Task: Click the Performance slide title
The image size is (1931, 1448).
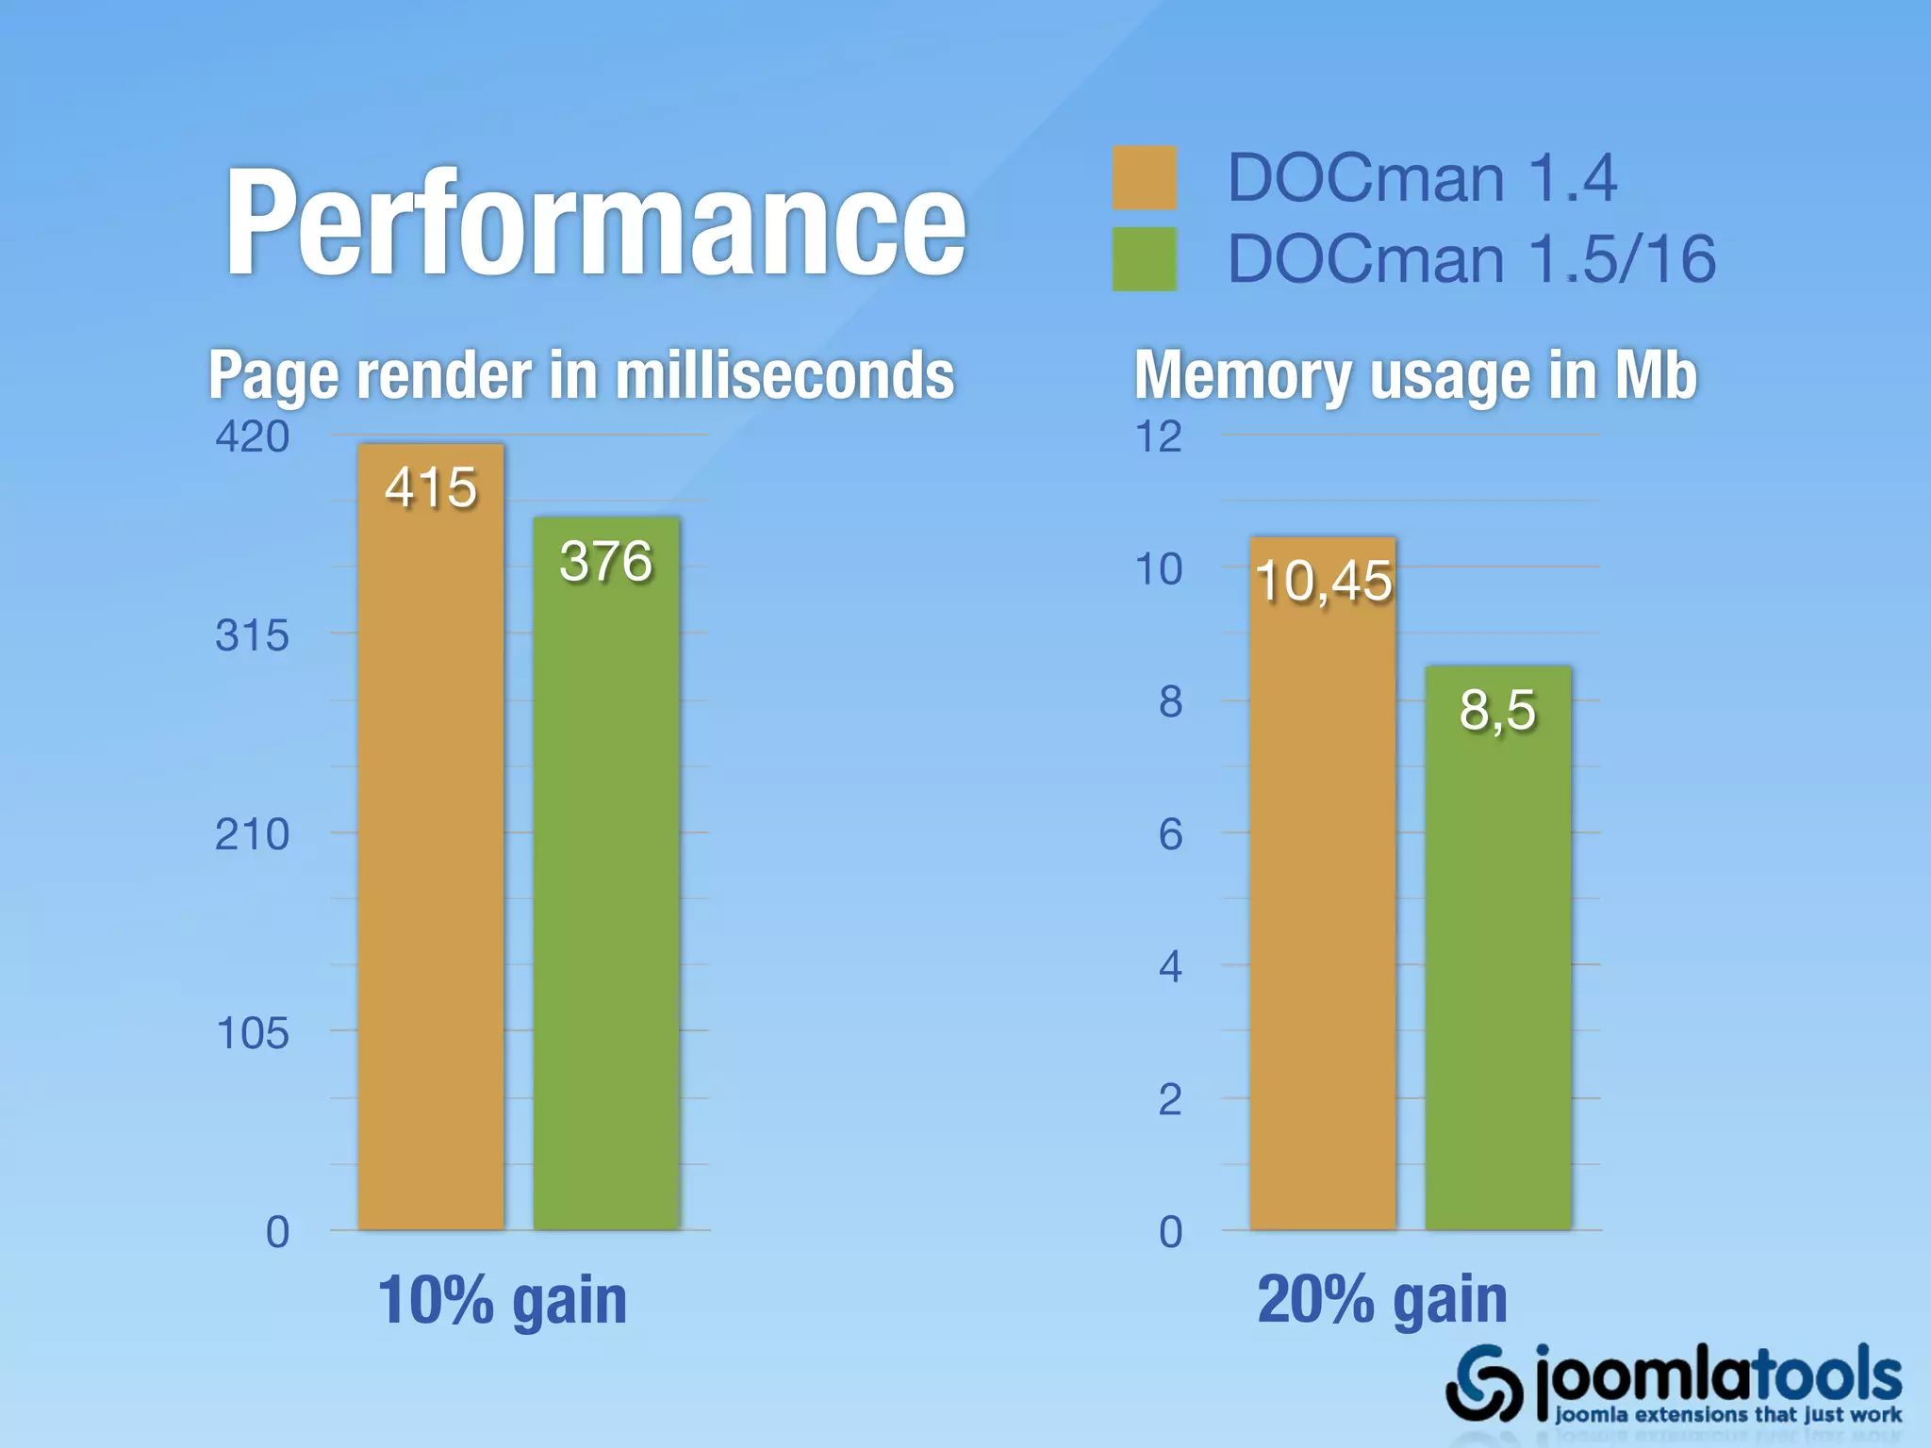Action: pyautogui.click(x=596, y=224)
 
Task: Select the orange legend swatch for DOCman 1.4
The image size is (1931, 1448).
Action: pyautogui.click(x=1144, y=178)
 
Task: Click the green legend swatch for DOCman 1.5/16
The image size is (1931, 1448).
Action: pyautogui.click(x=1144, y=259)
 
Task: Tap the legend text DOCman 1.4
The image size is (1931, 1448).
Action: pyautogui.click(x=1422, y=178)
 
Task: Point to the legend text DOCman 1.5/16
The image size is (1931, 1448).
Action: pyautogui.click(x=1471, y=259)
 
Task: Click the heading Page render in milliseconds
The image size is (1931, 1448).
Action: pyautogui.click(x=581, y=375)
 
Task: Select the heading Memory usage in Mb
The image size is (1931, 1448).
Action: pyautogui.click(x=1415, y=375)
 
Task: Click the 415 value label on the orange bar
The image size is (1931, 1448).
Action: pyautogui.click(x=431, y=488)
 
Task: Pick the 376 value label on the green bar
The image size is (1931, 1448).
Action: pyautogui.click(x=605, y=562)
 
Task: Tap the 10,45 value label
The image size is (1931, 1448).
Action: pyautogui.click(x=1323, y=581)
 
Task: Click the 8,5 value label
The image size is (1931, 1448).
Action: pyautogui.click(x=1497, y=710)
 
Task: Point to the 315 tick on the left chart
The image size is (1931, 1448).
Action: pyautogui.click(x=252, y=636)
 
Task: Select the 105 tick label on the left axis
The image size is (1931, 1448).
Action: pyautogui.click(x=252, y=1034)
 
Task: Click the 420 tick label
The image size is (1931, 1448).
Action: pyautogui.click(x=252, y=437)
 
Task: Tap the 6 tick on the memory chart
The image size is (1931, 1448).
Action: pyautogui.click(x=1170, y=835)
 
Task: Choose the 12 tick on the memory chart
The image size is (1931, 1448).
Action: pyautogui.click(x=1159, y=437)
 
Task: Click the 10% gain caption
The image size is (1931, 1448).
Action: pyautogui.click(x=502, y=1300)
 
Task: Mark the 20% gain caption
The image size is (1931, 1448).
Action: pyautogui.click(x=1382, y=1300)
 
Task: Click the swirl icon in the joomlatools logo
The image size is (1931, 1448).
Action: pyautogui.click(x=1483, y=1383)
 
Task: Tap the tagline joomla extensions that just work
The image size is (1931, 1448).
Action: pyautogui.click(x=1727, y=1415)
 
